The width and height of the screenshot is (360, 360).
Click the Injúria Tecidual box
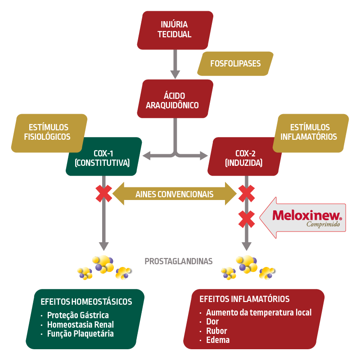[175, 29]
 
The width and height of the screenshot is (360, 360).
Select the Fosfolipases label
[235, 63]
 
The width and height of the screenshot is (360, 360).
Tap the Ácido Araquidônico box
[175, 101]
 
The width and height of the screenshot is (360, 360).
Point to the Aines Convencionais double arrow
[175, 194]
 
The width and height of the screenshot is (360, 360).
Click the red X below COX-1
[104, 193]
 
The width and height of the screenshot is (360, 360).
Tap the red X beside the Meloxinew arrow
[246, 219]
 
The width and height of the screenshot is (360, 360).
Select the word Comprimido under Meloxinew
[323, 224]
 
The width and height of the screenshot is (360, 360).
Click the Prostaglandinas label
[179, 261]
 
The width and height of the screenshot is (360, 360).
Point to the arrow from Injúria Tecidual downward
[175, 65]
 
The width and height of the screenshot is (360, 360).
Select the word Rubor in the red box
[216, 331]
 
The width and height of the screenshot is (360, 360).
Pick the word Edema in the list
[218, 340]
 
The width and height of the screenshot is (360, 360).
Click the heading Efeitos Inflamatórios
[244, 299]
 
